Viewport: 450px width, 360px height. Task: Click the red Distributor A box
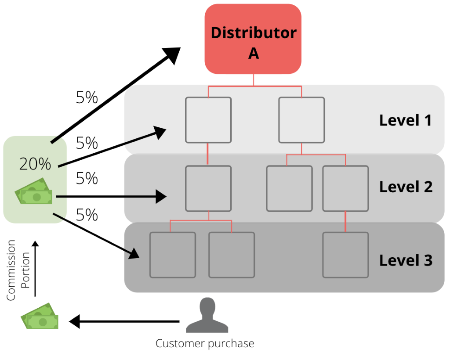[253, 39]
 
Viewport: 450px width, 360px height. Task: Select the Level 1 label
[406, 120]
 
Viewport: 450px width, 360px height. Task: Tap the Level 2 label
[406, 187]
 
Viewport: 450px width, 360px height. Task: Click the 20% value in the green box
[35, 164]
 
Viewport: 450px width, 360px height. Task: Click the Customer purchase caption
[205, 343]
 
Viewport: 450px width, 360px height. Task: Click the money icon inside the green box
[34, 191]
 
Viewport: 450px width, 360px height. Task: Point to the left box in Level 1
[208, 120]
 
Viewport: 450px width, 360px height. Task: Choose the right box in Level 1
[301, 120]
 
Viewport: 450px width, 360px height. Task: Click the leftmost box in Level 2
[208, 188]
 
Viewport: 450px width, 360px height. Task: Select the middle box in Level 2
[289, 188]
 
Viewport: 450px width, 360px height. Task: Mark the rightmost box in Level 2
[345, 188]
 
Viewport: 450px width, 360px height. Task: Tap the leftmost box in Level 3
[173, 255]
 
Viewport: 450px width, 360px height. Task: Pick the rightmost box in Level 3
[345, 255]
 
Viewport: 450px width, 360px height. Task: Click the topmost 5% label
[87, 97]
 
